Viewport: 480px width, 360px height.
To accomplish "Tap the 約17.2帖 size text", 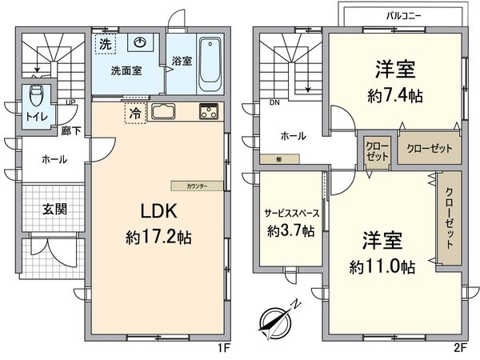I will click(x=158, y=238).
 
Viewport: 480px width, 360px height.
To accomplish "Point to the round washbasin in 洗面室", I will click(x=142, y=44).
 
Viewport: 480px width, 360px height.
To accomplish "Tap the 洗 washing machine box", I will click(x=105, y=45).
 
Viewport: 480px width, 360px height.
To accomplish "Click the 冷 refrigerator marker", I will click(x=134, y=113).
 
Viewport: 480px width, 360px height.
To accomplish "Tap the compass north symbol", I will click(x=277, y=319).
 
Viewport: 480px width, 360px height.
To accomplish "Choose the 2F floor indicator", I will click(x=459, y=350).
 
